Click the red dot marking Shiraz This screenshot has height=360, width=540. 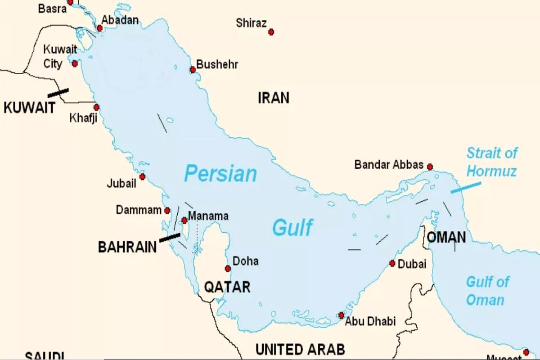pos(271,32)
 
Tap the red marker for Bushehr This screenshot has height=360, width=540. pos(193,70)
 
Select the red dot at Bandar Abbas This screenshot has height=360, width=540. pos(430,167)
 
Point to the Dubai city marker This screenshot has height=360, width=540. pos(392,263)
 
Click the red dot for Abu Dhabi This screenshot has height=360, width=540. pos(342,315)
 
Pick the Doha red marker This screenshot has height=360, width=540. pos(228,269)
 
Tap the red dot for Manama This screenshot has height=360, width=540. pos(184,220)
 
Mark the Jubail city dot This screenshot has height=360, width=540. pos(142,176)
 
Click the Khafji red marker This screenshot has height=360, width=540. pos(96,107)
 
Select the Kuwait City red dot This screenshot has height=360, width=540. pos(75,63)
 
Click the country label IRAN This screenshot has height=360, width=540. pos(274,98)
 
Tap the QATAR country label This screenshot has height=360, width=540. pos(227,287)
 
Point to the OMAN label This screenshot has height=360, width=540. pos(446,238)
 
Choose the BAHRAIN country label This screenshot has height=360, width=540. pos(127,247)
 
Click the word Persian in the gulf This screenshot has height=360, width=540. pos(220,174)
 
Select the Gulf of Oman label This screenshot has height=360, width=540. pos(487,291)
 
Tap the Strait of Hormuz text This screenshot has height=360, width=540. pos(491,162)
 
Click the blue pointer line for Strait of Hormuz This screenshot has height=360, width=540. pos(466,188)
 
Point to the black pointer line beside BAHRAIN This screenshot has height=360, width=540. pos(170,237)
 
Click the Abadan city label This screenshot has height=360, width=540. pos(120,20)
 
